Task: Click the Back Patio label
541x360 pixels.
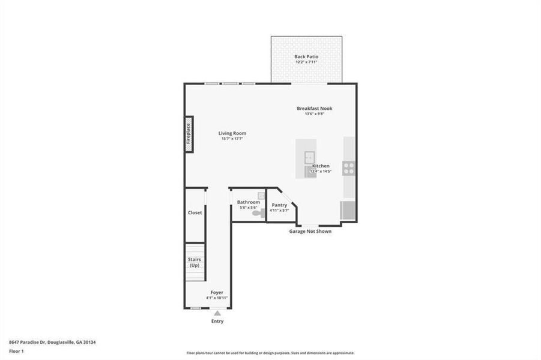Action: (x=306, y=56)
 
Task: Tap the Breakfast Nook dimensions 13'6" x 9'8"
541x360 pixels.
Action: (x=314, y=114)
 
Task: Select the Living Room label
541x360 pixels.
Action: (x=232, y=133)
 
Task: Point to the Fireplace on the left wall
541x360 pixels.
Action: (x=189, y=134)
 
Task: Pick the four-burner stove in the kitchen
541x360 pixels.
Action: (x=349, y=168)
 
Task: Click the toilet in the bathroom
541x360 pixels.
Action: (x=257, y=212)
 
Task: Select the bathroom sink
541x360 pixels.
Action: (x=261, y=195)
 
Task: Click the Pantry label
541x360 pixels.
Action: (x=279, y=205)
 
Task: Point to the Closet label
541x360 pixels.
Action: (x=195, y=212)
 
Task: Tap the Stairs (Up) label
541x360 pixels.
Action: (x=195, y=262)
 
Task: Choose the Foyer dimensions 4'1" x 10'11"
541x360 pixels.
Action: (x=217, y=298)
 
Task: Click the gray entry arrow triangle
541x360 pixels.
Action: (x=217, y=313)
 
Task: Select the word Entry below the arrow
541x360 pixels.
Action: (x=217, y=321)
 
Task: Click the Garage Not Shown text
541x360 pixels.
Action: (x=310, y=231)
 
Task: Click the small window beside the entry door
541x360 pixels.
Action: (x=195, y=308)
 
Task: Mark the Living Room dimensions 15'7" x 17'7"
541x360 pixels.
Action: (x=232, y=139)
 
